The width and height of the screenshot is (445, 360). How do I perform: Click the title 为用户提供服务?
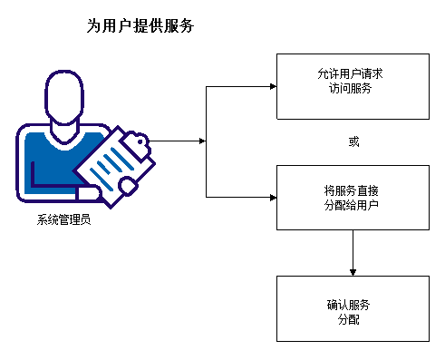[140, 27]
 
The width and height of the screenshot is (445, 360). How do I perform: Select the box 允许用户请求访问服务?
[352, 86]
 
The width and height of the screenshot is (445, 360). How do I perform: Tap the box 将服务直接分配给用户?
[352, 198]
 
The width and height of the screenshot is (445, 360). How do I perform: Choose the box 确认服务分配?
[352, 308]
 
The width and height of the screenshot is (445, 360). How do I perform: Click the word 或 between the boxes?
[353, 142]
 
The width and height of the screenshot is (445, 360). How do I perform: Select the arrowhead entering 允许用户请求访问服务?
[272, 87]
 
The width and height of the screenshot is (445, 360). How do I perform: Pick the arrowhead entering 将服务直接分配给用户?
[272, 197]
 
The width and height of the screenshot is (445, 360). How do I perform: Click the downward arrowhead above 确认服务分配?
[352, 271]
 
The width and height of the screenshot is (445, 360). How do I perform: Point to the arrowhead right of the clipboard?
[203, 141]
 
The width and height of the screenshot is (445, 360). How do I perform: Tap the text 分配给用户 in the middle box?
[352, 205]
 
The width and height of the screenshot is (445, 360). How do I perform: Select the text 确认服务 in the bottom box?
[352, 304]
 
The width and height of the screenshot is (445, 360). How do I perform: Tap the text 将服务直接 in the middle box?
[352, 191]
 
